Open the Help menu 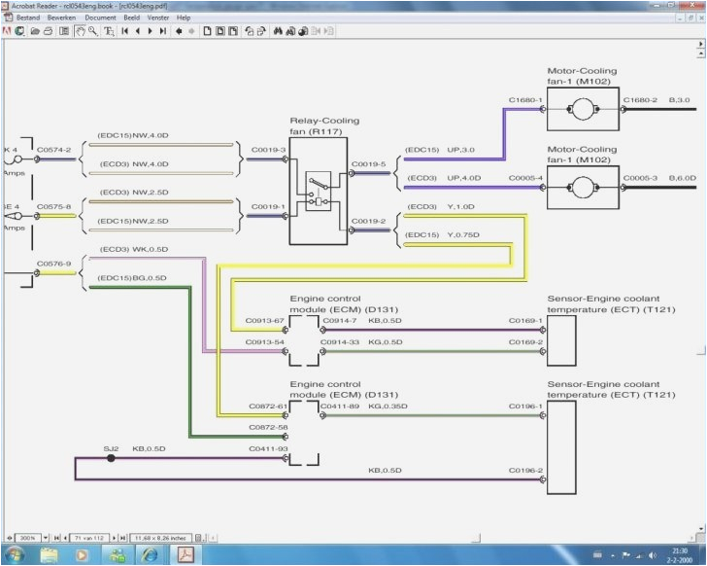coord(184,18)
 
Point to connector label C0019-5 coord(368,163)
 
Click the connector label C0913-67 coord(265,320)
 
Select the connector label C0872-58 coord(267,427)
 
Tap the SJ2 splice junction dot coord(111,456)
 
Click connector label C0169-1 coord(525,320)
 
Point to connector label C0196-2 coord(525,471)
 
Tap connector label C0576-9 coord(54,262)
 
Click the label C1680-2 coord(640,99)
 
